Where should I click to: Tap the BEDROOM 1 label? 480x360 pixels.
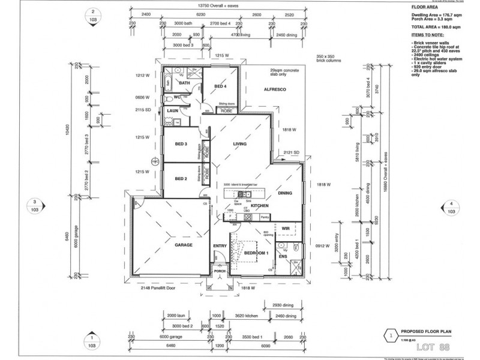tap(256, 253)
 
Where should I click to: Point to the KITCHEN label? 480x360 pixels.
tap(259, 206)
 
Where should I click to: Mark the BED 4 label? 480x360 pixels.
tap(220, 86)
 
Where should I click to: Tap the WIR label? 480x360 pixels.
tap(286, 228)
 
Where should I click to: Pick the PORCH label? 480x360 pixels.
tap(220, 271)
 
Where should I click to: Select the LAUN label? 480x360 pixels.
tap(173, 110)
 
